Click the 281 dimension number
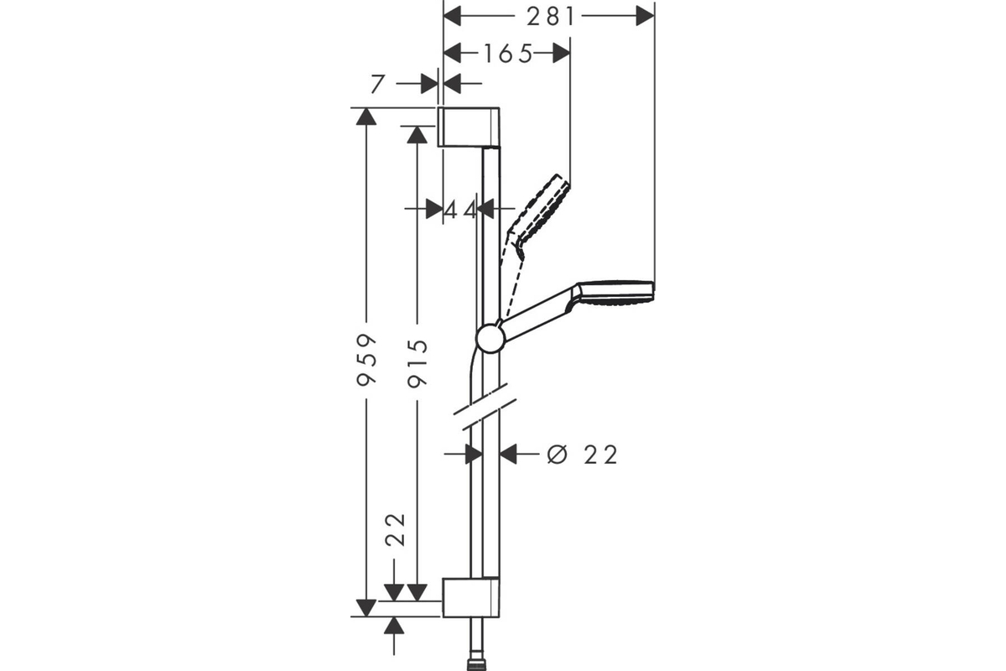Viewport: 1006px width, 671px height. point(551,17)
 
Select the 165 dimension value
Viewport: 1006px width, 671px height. point(508,54)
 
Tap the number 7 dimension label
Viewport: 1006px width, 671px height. point(378,84)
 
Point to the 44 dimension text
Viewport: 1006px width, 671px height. point(461,210)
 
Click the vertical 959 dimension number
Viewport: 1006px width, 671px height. point(366,360)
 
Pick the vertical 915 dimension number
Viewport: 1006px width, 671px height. point(417,363)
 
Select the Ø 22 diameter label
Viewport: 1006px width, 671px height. point(583,455)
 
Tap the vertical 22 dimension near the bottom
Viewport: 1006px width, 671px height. point(396,530)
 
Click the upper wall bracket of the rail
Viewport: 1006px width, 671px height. point(469,127)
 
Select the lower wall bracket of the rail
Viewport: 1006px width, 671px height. point(470,597)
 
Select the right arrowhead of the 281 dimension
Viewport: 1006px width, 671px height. point(645,17)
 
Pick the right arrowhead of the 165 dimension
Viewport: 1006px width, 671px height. point(561,54)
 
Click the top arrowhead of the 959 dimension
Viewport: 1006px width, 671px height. point(366,117)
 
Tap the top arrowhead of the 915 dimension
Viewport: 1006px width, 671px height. point(417,135)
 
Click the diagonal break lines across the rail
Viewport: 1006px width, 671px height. point(485,407)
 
